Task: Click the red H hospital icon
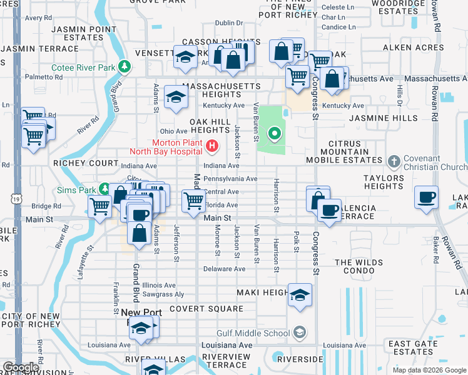[212, 146]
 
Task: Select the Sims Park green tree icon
[105, 189]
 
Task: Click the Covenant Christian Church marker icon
[394, 162]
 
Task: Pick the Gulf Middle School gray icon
[300, 332]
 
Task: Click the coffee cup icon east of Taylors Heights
[427, 197]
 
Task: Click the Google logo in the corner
[21, 367]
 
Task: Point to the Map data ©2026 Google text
[429, 370]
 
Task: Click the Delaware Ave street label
[223, 269]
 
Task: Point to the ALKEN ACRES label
[404, 47]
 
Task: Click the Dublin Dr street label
[228, 23]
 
